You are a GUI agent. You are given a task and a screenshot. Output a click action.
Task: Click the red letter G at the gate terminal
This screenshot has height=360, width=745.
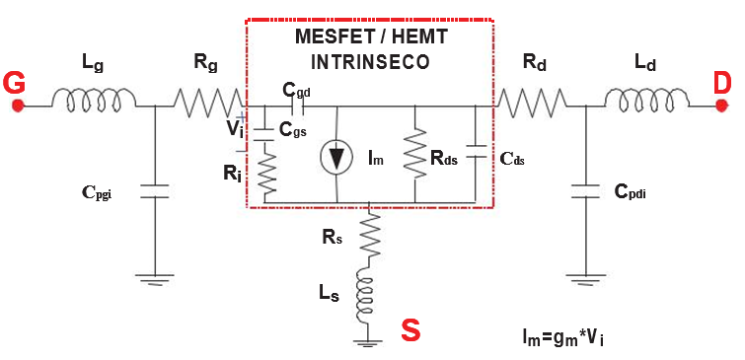pyautogui.click(x=15, y=84)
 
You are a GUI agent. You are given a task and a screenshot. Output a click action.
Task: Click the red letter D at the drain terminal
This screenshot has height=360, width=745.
pyautogui.click(x=723, y=84)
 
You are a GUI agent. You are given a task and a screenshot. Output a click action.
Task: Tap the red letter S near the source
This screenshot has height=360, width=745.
pyautogui.click(x=410, y=330)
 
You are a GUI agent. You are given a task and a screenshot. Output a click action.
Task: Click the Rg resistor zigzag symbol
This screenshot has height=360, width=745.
pyautogui.click(x=208, y=101)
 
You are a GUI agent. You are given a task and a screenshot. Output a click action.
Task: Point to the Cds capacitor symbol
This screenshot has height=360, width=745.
pyautogui.click(x=477, y=154)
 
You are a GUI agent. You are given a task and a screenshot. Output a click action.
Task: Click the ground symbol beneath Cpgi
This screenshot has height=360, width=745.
pyautogui.click(x=156, y=280)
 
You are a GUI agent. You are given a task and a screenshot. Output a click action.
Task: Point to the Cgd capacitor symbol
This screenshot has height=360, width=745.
pyautogui.click(x=292, y=108)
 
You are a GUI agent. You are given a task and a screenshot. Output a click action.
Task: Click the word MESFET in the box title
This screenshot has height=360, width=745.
pyautogui.click(x=331, y=37)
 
